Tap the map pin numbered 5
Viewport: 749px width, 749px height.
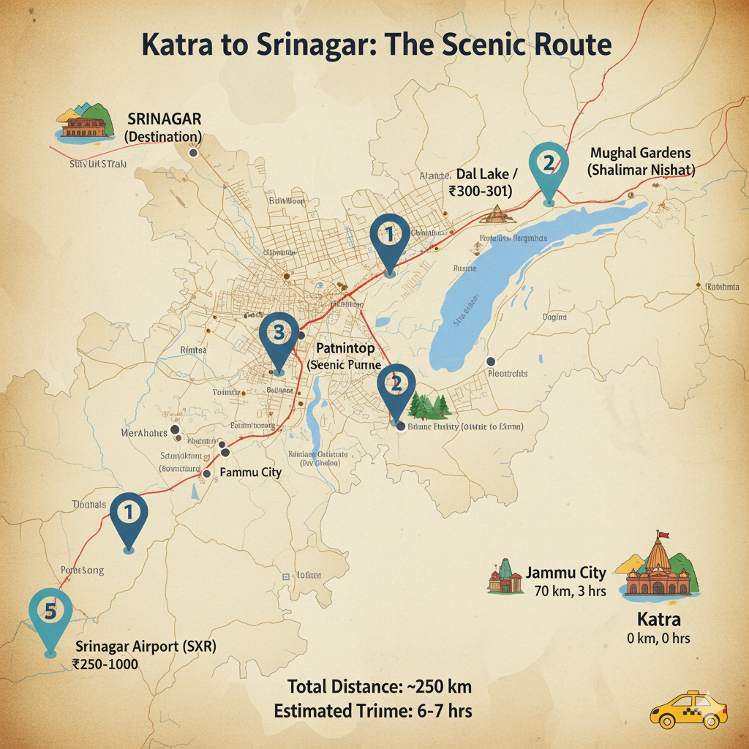pos(50,619)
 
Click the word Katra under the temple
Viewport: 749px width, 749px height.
pos(658,620)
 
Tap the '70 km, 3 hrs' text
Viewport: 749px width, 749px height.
pos(570,590)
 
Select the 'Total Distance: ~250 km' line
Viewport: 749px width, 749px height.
pos(379,687)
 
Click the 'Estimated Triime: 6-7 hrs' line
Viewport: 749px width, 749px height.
pos(373,710)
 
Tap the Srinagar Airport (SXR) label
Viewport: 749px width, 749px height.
pos(146,647)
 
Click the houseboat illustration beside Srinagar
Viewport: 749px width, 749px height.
pos(86,123)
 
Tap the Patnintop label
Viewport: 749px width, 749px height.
pos(346,350)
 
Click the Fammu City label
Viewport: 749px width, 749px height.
pos(251,473)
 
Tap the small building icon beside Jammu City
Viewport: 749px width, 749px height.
pos(505,577)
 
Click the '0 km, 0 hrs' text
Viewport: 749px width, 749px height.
pos(658,639)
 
